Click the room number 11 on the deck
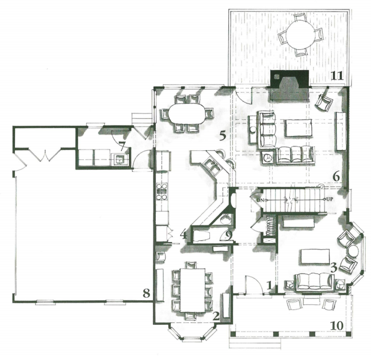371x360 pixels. click(x=337, y=76)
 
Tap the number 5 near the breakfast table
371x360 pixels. click(x=223, y=136)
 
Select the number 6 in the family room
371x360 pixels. click(x=336, y=177)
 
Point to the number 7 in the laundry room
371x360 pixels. click(x=122, y=146)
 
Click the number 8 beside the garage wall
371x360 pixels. click(x=147, y=294)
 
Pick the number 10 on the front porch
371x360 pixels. click(x=337, y=326)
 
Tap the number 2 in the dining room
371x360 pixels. click(x=216, y=316)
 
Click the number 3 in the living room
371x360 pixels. click(x=333, y=268)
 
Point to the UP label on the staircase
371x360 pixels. click(x=330, y=199)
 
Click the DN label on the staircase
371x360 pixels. click(x=260, y=200)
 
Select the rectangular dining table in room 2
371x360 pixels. click(x=192, y=289)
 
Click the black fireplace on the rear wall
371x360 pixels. click(x=289, y=85)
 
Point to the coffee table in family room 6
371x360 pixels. click(x=298, y=128)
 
